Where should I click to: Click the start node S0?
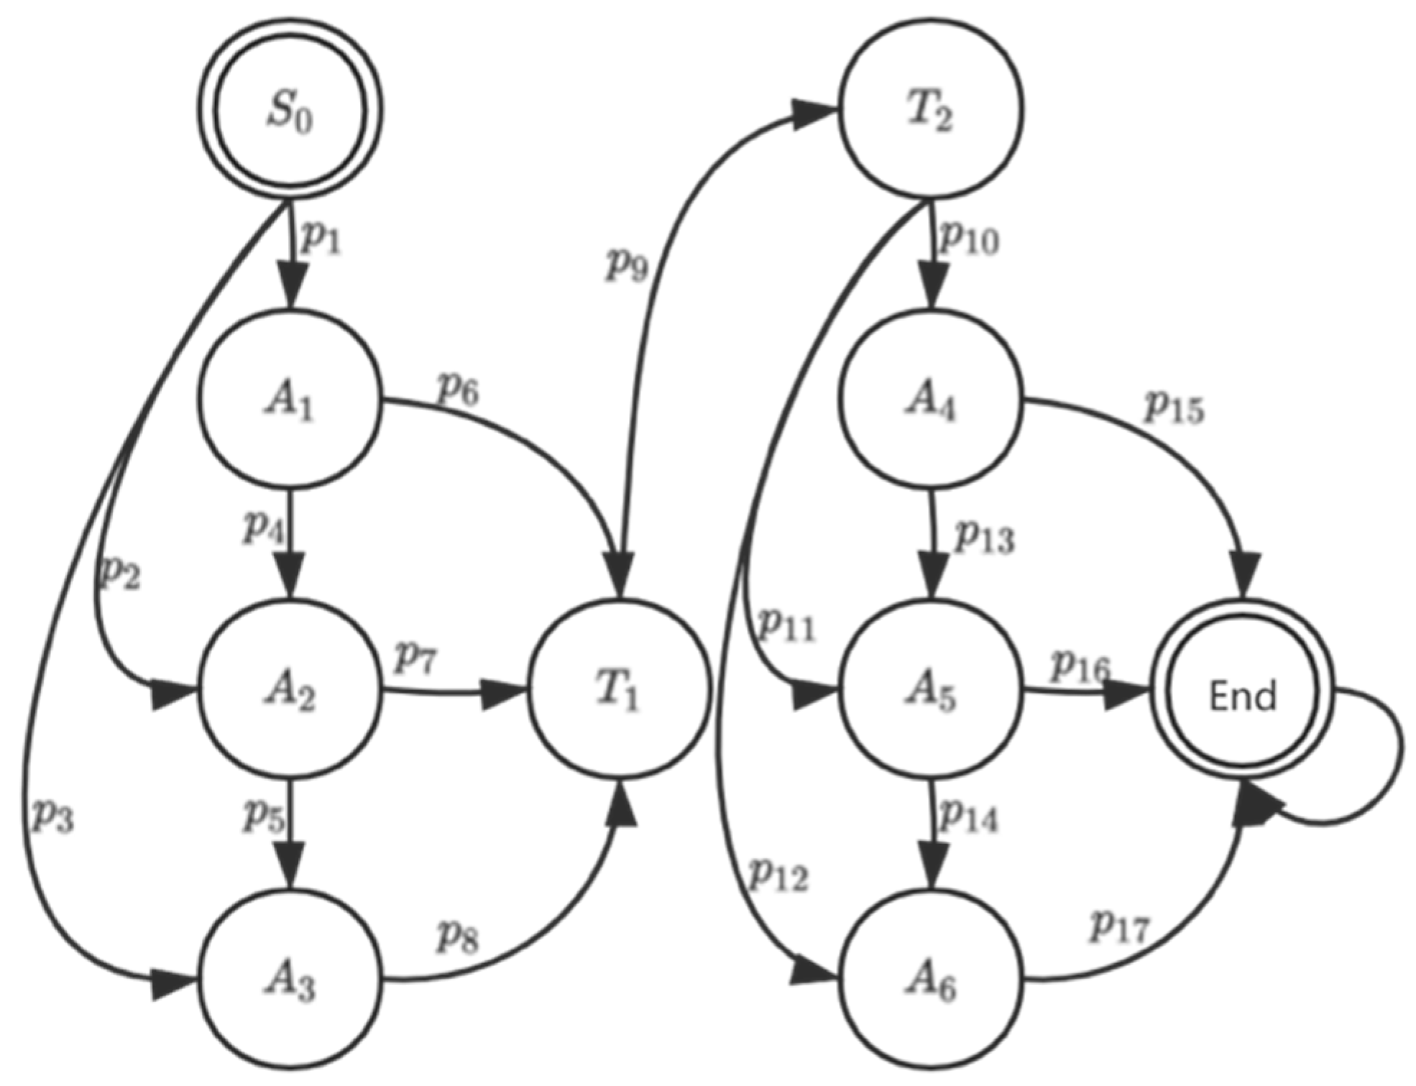click(290, 111)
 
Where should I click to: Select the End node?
click(1242, 695)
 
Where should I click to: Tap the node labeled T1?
click(619, 691)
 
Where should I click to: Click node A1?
click(290, 400)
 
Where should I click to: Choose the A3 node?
click(290, 981)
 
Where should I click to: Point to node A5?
click(931, 691)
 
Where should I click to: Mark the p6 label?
click(458, 390)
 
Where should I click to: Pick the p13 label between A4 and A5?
click(983, 537)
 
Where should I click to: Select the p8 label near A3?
click(458, 936)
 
